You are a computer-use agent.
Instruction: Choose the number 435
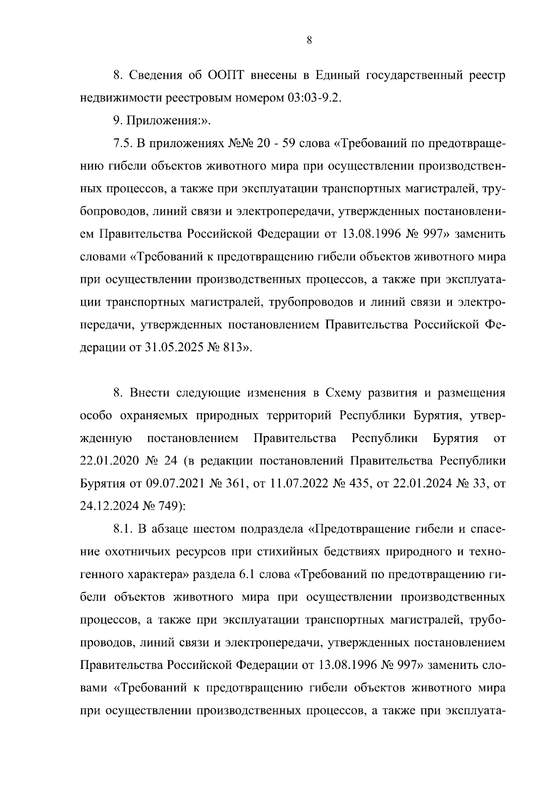click(x=360, y=484)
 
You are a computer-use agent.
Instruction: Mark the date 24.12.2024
click(x=108, y=506)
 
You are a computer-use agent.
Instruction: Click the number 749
click(x=169, y=506)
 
